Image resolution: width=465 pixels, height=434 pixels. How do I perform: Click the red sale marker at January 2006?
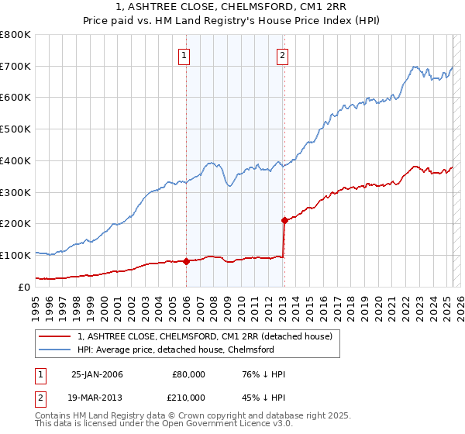pos(187,261)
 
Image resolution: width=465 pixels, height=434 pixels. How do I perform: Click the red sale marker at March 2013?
pos(284,220)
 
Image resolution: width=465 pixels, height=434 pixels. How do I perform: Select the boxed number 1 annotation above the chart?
pos(185,55)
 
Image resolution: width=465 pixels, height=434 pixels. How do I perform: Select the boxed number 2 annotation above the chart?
pos(282,55)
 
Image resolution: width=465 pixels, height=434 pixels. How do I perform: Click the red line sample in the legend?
pos(53,336)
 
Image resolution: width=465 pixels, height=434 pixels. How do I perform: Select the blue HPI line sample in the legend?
pos(53,350)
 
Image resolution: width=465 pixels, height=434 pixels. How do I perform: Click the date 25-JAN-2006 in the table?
pos(97,374)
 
